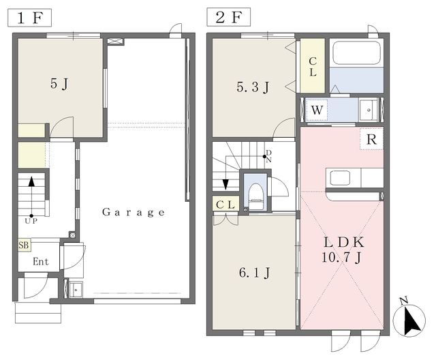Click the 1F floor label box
[x=29, y=18]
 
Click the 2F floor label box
[x=229, y=17]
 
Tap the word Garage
[x=134, y=213]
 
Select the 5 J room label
[x=59, y=83]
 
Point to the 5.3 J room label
[x=253, y=87]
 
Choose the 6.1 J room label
[x=254, y=273]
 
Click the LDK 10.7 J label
[x=343, y=250]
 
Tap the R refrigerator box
[x=372, y=139]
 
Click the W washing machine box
[x=317, y=110]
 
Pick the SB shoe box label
[x=25, y=245]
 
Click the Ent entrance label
[x=41, y=262]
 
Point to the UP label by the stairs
[x=31, y=221]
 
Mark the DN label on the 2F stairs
[x=268, y=156]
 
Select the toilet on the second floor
[x=255, y=196]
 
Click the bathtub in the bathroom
[x=356, y=53]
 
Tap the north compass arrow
[x=411, y=320]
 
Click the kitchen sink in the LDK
[x=340, y=178]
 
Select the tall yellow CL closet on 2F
[x=313, y=66]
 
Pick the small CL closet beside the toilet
[x=225, y=204]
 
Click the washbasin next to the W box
[x=369, y=110]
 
